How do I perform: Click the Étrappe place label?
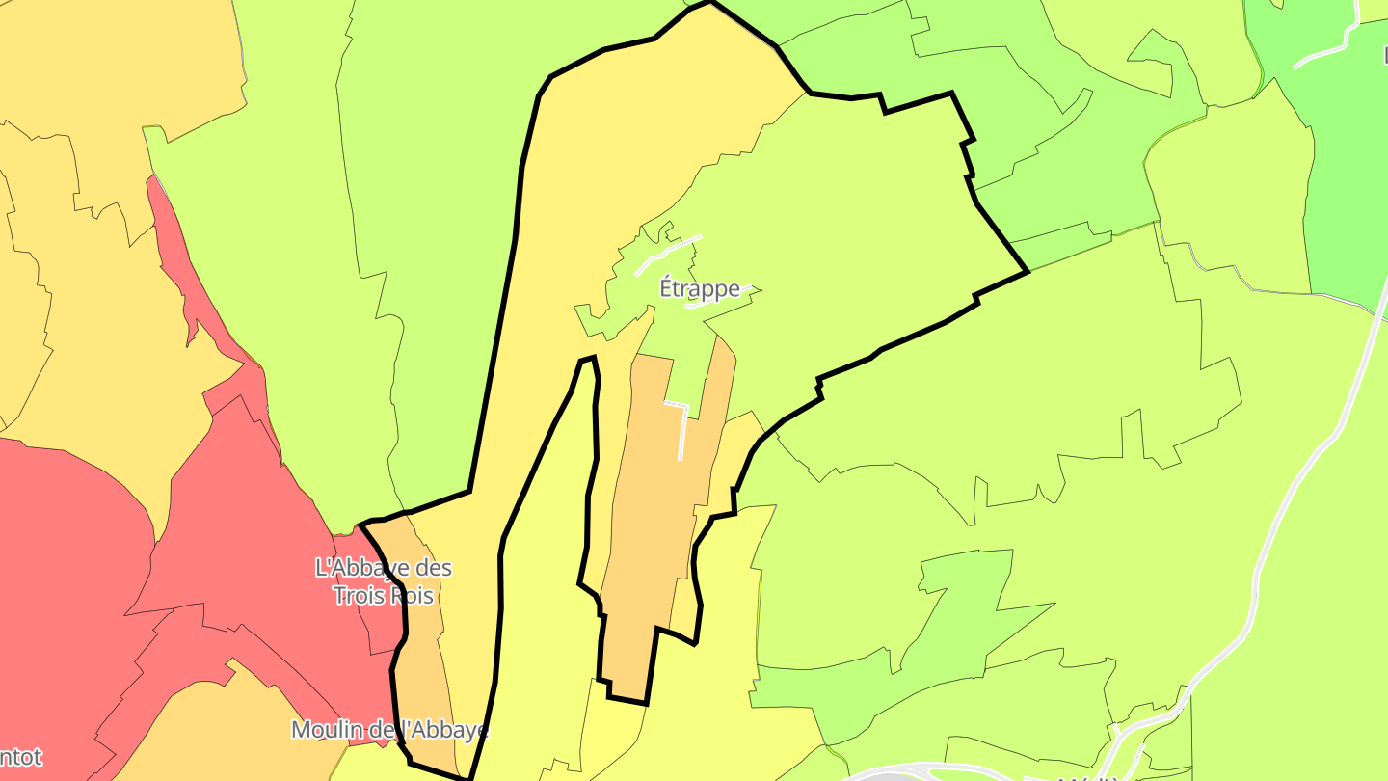click(x=699, y=288)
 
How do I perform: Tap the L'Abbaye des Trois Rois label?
click(x=384, y=581)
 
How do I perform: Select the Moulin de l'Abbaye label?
click(x=389, y=731)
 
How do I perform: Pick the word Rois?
click(x=412, y=596)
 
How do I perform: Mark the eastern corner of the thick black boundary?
click(x=1028, y=271)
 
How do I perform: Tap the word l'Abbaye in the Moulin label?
click(x=442, y=731)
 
